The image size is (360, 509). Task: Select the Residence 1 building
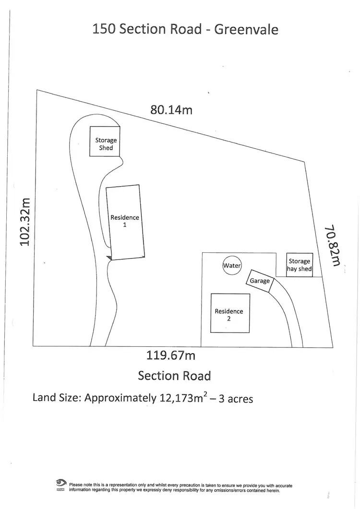pyautogui.click(x=125, y=222)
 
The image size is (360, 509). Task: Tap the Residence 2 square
pyautogui.click(x=229, y=313)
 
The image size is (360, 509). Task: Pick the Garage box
pyautogui.click(x=260, y=281)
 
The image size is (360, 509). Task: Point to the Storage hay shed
pyautogui.click(x=300, y=265)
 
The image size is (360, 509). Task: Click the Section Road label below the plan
pyautogui.click(x=174, y=375)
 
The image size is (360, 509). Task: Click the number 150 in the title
pyautogui.click(x=104, y=29)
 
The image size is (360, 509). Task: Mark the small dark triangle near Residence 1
pyautogui.click(x=109, y=258)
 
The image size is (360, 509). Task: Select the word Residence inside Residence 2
pyautogui.click(x=228, y=311)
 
